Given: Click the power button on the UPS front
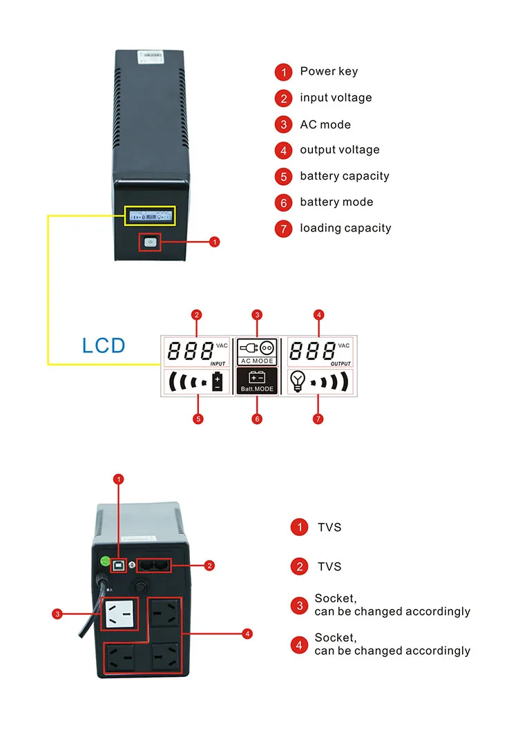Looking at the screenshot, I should click(151, 241).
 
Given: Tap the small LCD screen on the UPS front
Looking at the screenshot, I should click(150, 215).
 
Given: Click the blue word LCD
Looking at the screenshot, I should click(104, 345).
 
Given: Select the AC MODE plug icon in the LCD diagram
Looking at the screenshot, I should click(256, 348).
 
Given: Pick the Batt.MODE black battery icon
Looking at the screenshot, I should click(256, 381).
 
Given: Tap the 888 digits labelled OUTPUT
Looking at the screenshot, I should click(311, 352).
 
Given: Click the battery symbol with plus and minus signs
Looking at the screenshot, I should click(218, 381).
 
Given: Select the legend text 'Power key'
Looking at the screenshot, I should click(329, 71).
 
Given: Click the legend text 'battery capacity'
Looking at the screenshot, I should click(344, 176).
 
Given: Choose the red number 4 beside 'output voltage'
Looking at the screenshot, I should click(283, 151).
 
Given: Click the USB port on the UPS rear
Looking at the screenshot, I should click(122, 563).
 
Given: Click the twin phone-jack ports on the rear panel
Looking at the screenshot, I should click(155, 564).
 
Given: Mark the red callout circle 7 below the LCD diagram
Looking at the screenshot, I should click(318, 419).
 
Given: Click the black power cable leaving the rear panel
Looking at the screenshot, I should click(90, 608).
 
